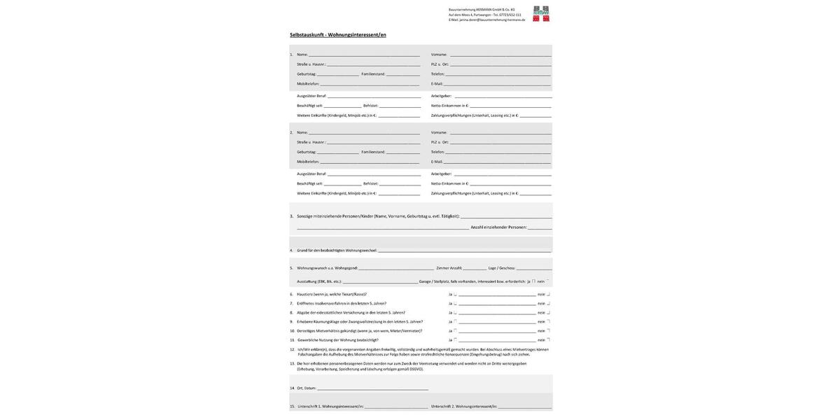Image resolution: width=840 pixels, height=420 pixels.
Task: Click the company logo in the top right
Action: point(541,14)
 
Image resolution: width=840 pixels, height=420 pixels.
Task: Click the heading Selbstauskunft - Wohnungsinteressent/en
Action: point(338,35)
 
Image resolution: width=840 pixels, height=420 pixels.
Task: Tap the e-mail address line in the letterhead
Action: point(487,20)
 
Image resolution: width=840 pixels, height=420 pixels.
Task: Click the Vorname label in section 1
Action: point(439,55)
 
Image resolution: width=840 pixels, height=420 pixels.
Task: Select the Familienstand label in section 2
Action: point(373,152)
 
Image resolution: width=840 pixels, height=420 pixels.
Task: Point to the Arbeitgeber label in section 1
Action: point(441,96)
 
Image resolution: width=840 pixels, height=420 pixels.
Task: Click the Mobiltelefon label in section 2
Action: point(308,162)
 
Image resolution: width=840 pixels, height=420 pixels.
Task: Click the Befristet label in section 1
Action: point(370,106)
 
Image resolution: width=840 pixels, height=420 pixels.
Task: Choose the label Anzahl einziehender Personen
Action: point(498,227)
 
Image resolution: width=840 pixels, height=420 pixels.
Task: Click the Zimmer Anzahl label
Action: point(449,268)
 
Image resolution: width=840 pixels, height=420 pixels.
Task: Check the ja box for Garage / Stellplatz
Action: point(533,281)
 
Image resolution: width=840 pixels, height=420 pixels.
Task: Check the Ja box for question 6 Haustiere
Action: point(455,295)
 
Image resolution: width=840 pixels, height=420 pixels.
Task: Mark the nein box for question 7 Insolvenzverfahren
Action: point(548,304)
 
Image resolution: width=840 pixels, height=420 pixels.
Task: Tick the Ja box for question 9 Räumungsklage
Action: point(455,322)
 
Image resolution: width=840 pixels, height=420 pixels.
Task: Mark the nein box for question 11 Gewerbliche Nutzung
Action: point(548,340)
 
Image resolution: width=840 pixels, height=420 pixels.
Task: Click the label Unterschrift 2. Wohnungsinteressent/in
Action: point(464,407)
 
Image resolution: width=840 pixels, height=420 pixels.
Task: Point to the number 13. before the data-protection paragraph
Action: point(293,364)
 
